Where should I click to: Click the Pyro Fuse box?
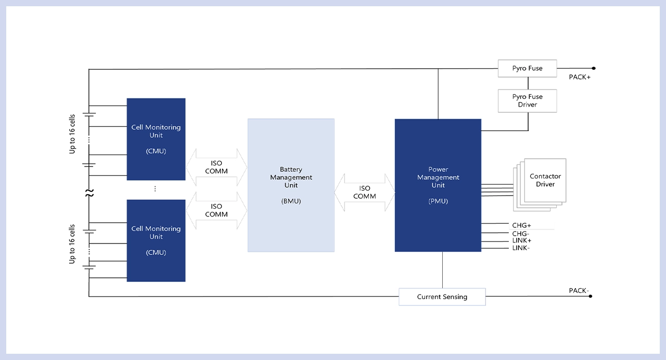(527, 68)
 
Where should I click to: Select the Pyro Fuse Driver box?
(527, 101)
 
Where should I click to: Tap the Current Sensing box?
(442, 297)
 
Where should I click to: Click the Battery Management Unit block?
(291, 185)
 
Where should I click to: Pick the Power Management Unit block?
(438, 185)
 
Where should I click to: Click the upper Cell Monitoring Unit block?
(156, 139)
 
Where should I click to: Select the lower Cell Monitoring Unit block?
(156, 240)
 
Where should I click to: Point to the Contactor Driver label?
(545, 180)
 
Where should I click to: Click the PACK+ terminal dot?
(594, 68)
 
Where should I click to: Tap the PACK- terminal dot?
(591, 296)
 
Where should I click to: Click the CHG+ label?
(521, 225)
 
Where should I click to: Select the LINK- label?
(521, 248)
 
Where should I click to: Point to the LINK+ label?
(522, 240)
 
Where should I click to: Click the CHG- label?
(521, 234)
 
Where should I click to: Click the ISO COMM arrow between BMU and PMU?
(365, 192)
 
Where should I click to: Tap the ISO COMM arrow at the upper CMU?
(216, 167)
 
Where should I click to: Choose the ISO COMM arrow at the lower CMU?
(216, 211)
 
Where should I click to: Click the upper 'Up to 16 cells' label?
(72, 134)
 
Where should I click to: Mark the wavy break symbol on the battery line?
(89, 193)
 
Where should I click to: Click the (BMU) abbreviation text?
(291, 201)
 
